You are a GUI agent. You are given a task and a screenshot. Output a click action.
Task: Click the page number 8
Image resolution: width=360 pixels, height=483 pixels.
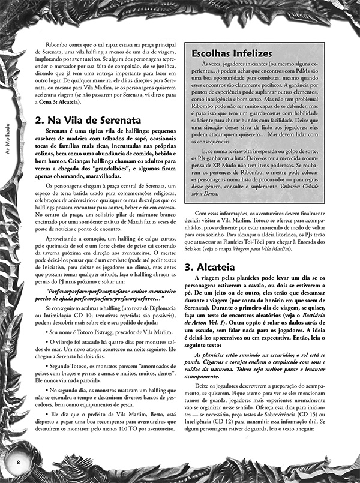pyautogui.click(x=19, y=461)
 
